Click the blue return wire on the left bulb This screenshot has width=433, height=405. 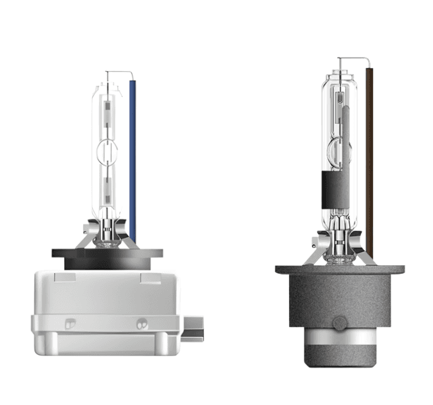pyautogui.click(x=133, y=158)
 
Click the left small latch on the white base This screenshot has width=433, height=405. pyautogui.click(x=70, y=323)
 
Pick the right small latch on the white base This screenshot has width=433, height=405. pyautogui.click(x=141, y=323)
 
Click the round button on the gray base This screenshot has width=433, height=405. pyautogui.click(x=339, y=324)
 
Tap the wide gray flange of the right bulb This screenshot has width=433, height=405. pyautogui.click(x=339, y=270)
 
